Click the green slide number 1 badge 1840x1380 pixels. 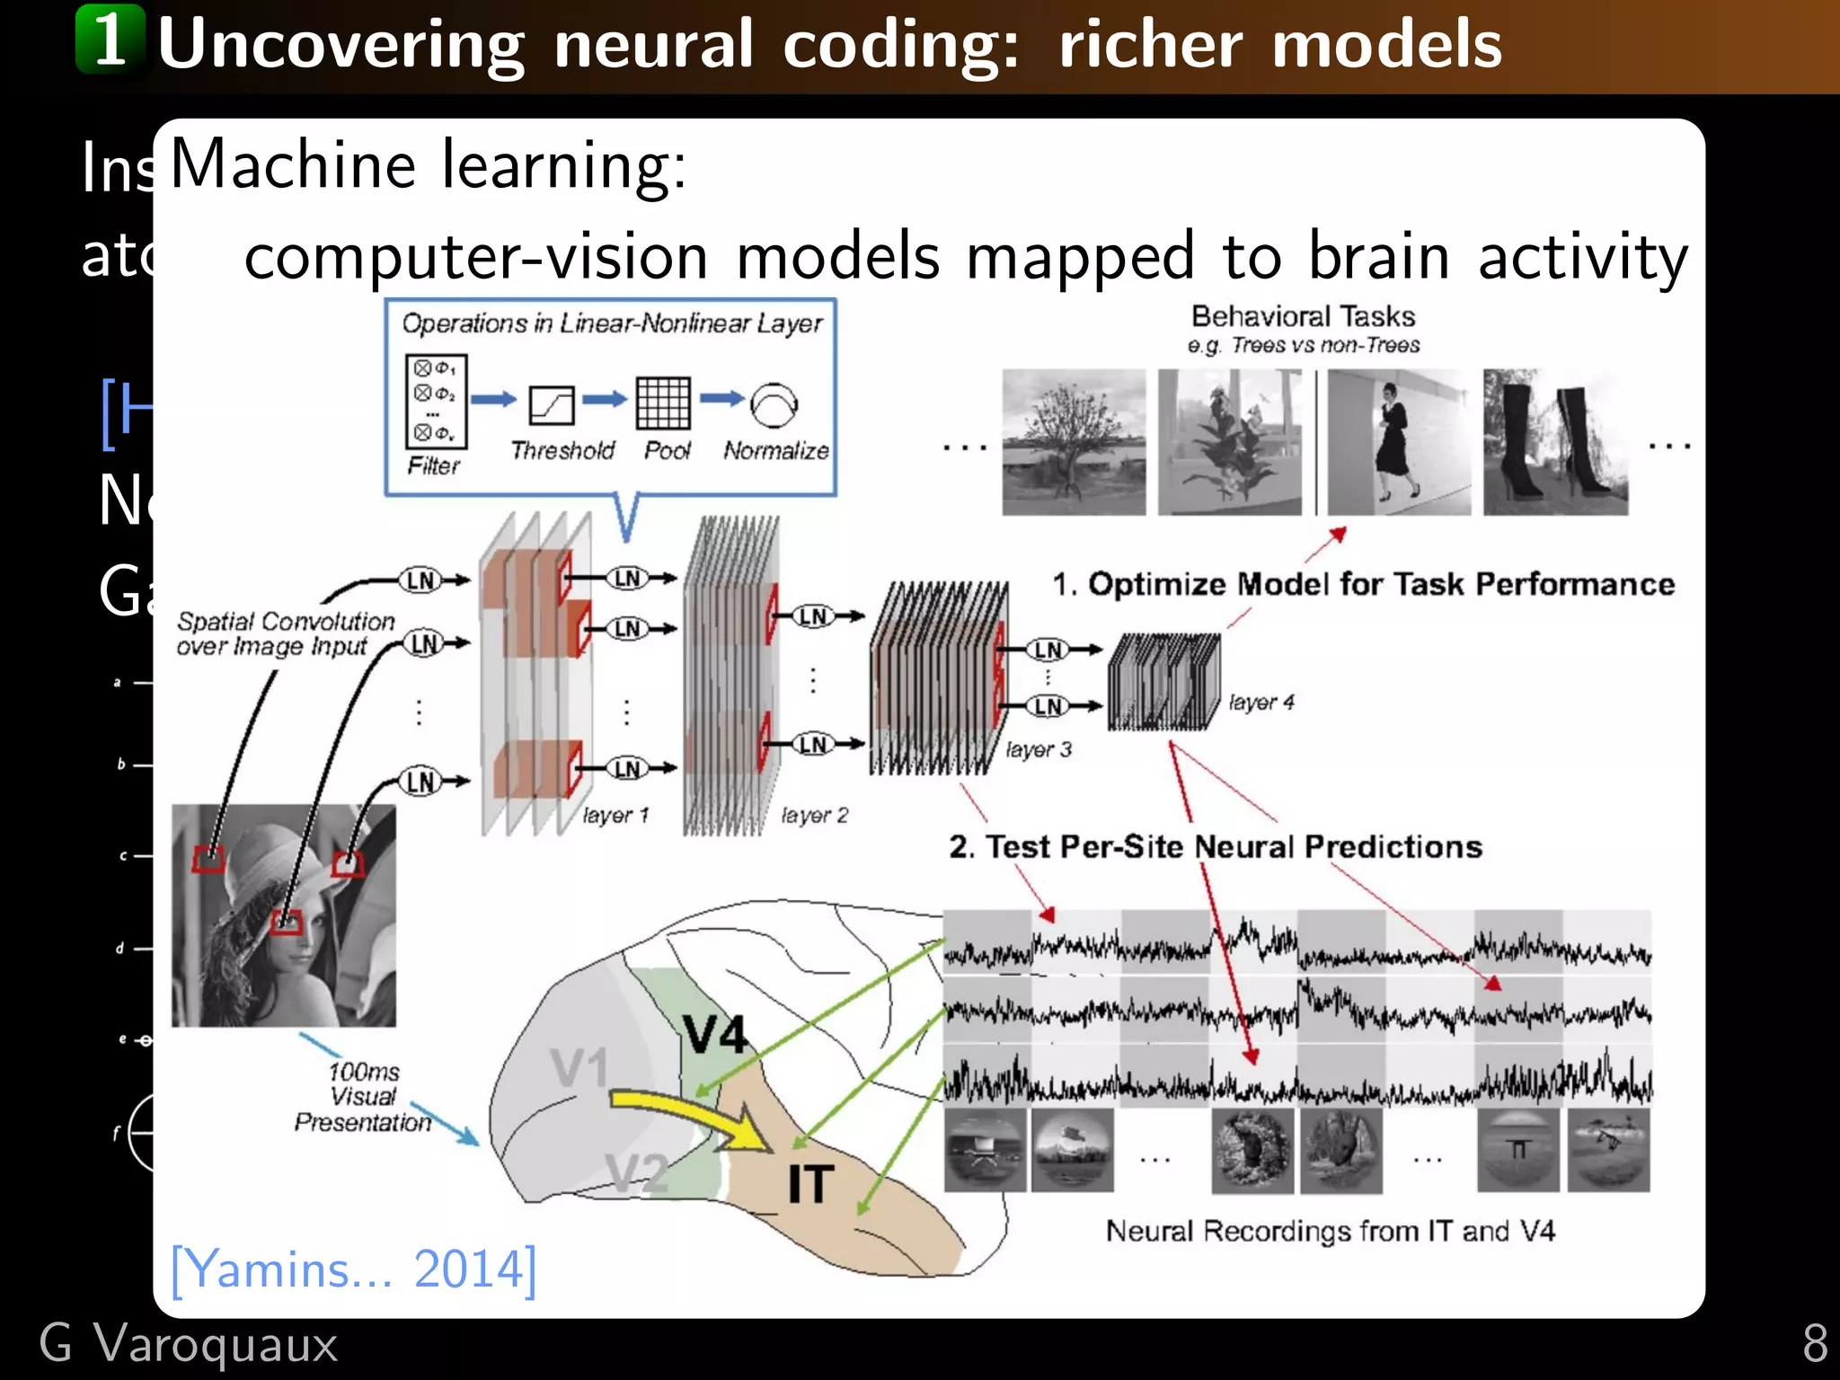[111, 39]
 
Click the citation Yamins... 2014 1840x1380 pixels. [353, 1269]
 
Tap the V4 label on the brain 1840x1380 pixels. [714, 1034]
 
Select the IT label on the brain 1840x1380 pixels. [810, 1184]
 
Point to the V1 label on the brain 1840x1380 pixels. [579, 1068]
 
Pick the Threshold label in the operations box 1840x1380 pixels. [562, 450]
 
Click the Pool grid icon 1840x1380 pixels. [663, 403]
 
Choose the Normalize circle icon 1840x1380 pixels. [774, 405]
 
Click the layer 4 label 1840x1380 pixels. [1261, 703]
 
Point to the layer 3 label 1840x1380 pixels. [1039, 749]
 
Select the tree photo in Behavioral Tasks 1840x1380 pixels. [1074, 442]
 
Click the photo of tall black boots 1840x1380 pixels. [1555, 442]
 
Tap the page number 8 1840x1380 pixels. [1815, 1344]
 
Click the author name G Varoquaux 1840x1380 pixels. [189, 1344]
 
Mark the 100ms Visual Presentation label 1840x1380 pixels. [363, 1097]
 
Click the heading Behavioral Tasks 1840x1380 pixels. [1303, 316]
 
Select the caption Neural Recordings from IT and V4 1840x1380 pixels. [1330, 1231]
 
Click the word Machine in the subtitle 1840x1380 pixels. [292, 165]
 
